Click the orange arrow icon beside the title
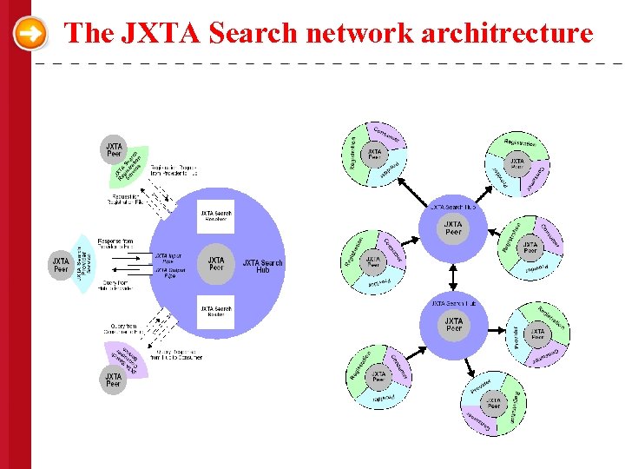(x=31, y=34)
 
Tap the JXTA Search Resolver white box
(x=215, y=215)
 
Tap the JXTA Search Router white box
(x=215, y=312)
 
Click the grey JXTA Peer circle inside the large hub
(x=216, y=263)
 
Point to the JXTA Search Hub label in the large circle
(x=262, y=266)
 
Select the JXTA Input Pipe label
(x=170, y=258)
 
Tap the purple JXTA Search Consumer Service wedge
(x=128, y=358)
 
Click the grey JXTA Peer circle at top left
(x=113, y=149)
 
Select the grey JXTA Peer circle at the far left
(x=61, y=263)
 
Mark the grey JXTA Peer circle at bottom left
(x=113, y=380)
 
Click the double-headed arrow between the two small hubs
(x=453, y=277)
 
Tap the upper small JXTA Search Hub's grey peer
(x=453, y=229)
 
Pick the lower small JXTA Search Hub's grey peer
(x=453, y=325)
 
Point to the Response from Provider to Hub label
(x=115, y=243)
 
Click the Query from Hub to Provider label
(x=115, y=287)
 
